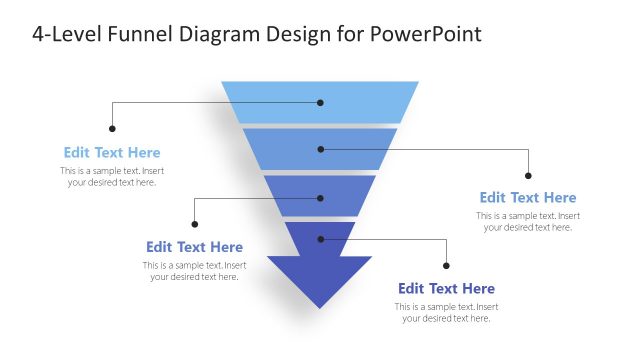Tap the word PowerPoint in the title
(x=425, y=34)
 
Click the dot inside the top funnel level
(x=321, y=102)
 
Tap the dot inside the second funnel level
(x=321, y=149)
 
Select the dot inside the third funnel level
(x=321, y=198)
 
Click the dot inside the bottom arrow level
(x=321, y=239)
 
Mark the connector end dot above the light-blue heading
(x=112, y=128)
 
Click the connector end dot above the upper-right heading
(x=528, y=175)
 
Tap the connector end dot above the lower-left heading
(x=195, y=224)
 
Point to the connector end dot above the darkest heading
(x=446, y=266)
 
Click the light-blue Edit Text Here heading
(x=112, y=153)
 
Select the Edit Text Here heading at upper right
(x=528, y=198)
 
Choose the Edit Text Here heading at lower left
(x=194, y=247)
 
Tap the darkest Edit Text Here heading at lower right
(x=446, y=289)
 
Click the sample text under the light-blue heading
(x=112, y=177)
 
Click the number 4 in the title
(x=38, y=34)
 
